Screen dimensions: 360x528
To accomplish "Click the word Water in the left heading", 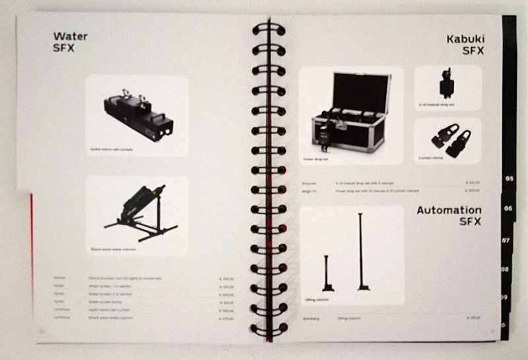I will click(71, 36).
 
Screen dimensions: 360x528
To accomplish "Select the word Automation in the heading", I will click(449, 211).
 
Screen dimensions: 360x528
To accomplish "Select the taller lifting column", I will click(362, 251).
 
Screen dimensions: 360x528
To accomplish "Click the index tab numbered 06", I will click(509, 208).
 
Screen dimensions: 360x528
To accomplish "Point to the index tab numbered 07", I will click(507, 240).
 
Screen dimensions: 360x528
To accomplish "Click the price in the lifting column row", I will click(473, 318).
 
